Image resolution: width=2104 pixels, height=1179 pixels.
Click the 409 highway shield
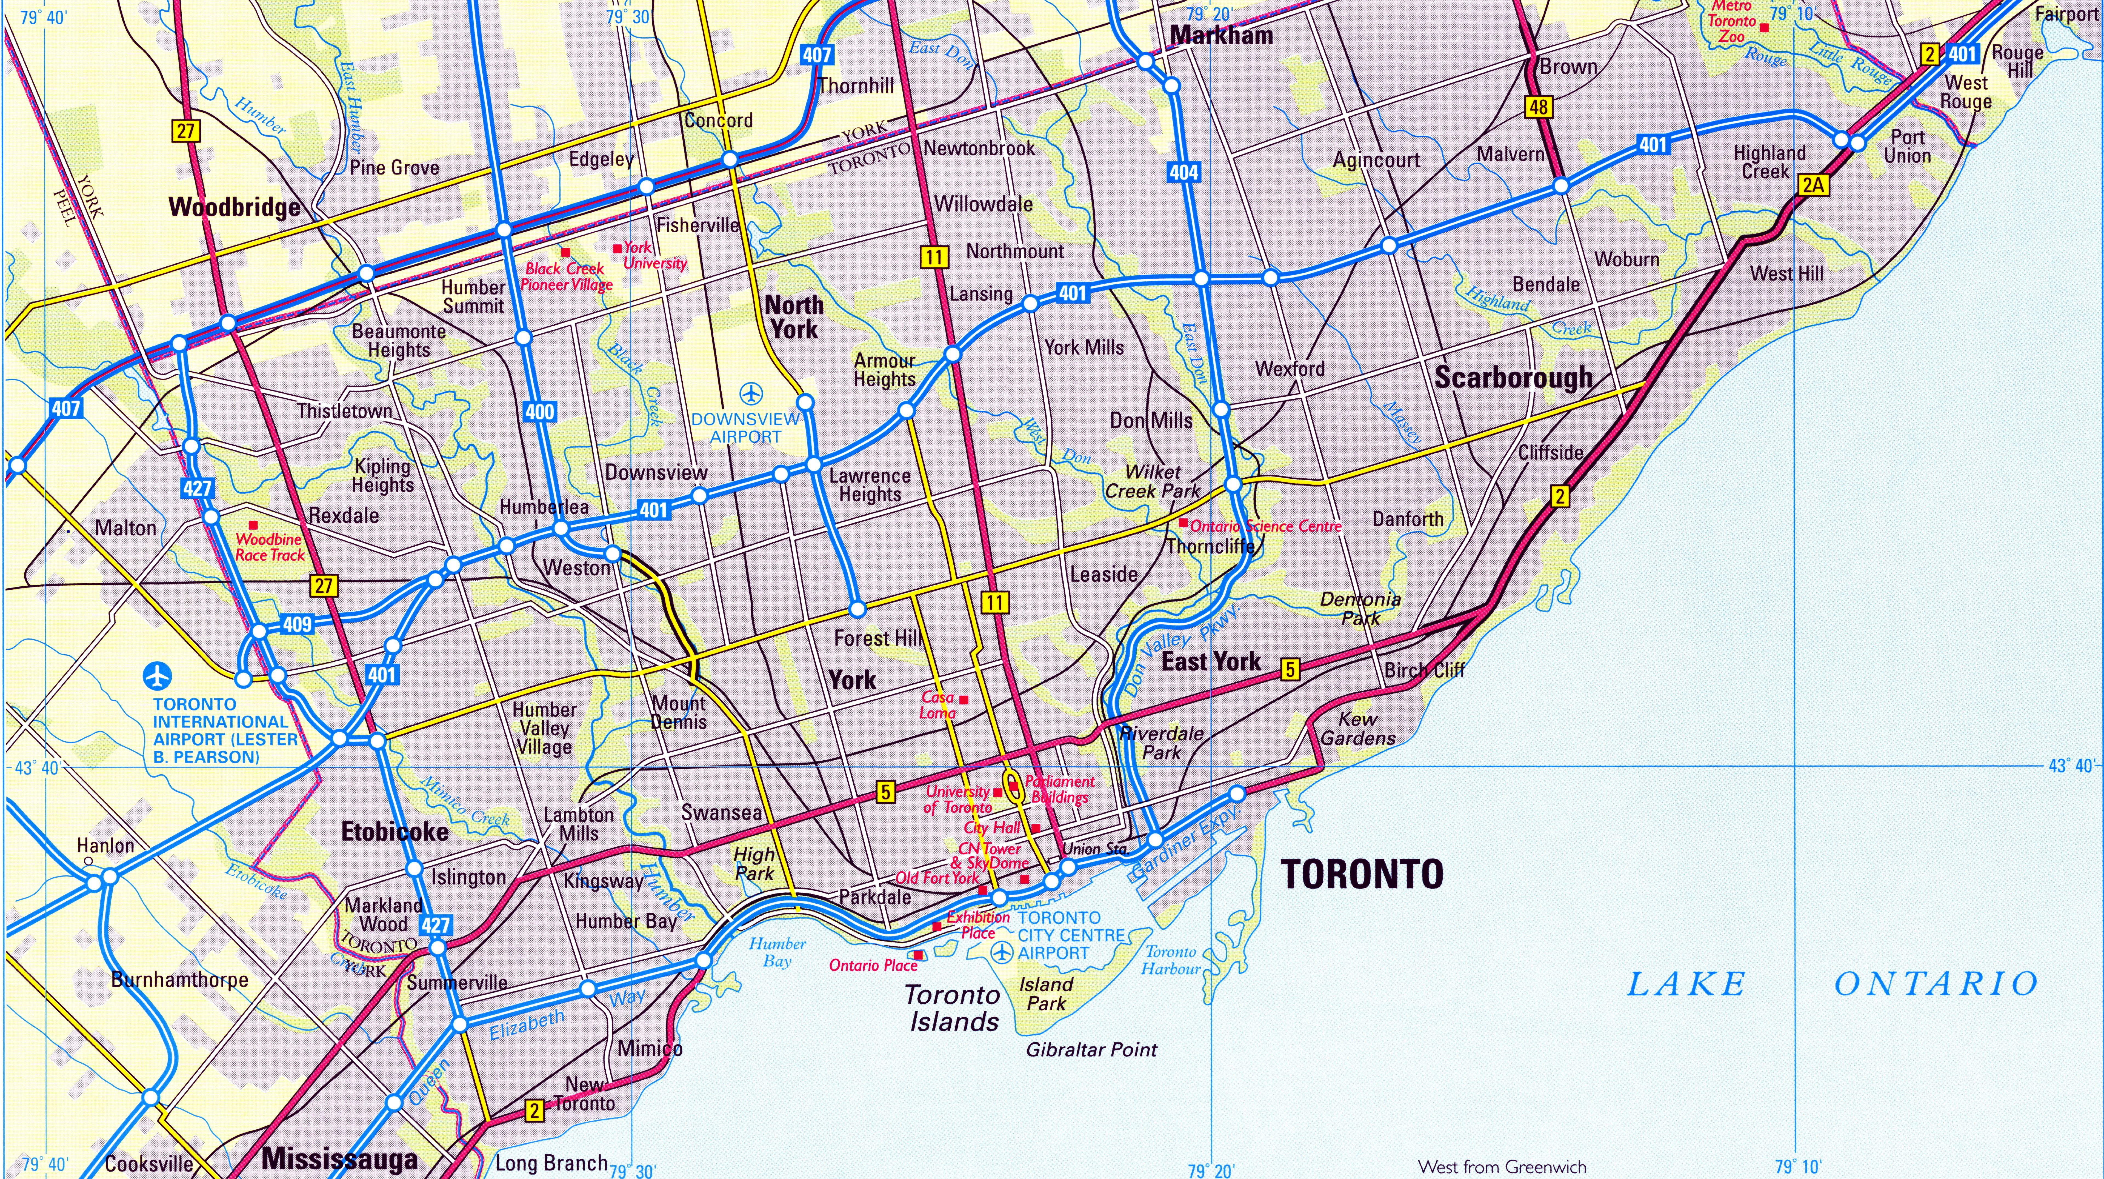[x=297, y=624]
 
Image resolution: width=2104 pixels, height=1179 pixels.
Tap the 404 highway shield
[x=1183, y=172]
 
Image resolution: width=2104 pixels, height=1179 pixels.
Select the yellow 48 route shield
[x=1539, y=107]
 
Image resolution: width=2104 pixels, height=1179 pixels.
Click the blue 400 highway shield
[x=539, y=412]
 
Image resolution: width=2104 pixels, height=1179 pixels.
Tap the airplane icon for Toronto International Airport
[x=158, y=676]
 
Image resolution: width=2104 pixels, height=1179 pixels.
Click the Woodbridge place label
[x=235, y=207]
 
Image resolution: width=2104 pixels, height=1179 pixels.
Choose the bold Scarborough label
[x=1513, y=378]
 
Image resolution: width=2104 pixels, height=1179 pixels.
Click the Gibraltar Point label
[x=1091, y=1050]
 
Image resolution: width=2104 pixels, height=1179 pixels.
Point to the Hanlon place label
[x=105, y=846]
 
